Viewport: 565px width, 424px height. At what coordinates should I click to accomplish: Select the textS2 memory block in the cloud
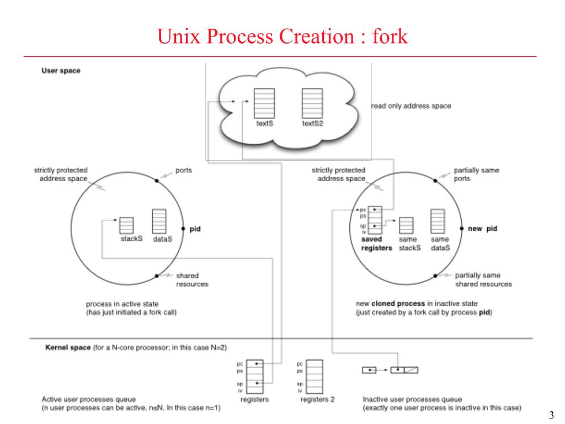[312, 102]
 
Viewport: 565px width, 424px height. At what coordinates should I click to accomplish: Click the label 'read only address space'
[411, 106]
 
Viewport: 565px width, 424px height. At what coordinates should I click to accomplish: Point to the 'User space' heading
[61, 71]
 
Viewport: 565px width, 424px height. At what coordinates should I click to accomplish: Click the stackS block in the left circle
[126, 225]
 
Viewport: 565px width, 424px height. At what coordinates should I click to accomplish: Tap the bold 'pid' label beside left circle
[195, 229]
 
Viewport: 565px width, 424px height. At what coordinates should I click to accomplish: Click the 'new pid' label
[483, 229]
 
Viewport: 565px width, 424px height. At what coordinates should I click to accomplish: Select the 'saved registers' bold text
[376, 244]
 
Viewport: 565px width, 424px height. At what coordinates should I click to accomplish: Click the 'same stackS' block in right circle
[406, 225]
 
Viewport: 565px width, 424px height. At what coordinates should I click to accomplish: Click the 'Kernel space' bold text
[67, 348]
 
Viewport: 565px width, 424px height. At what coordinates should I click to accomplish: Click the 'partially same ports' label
[476, 174]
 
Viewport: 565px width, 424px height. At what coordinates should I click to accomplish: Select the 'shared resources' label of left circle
[192, 280]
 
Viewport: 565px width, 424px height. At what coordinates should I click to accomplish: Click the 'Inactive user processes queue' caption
[412, 399]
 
